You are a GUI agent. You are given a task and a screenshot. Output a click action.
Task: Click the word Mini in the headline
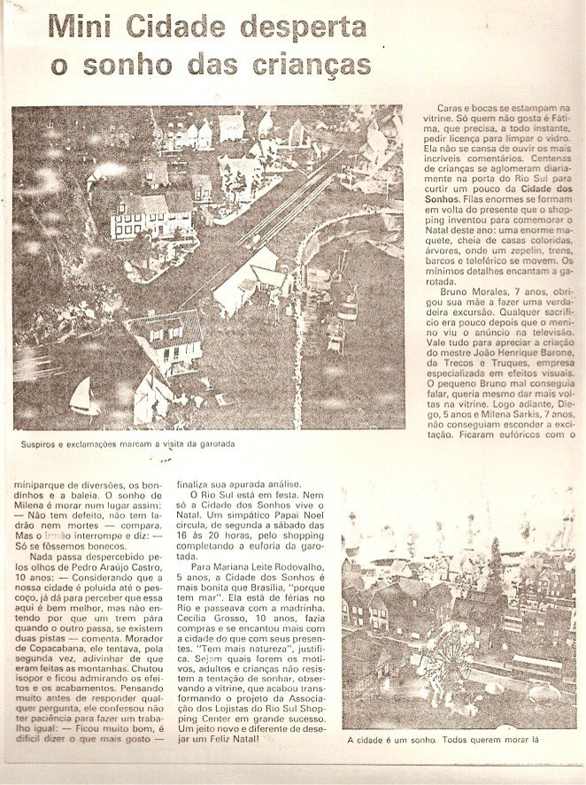pos(80,28)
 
